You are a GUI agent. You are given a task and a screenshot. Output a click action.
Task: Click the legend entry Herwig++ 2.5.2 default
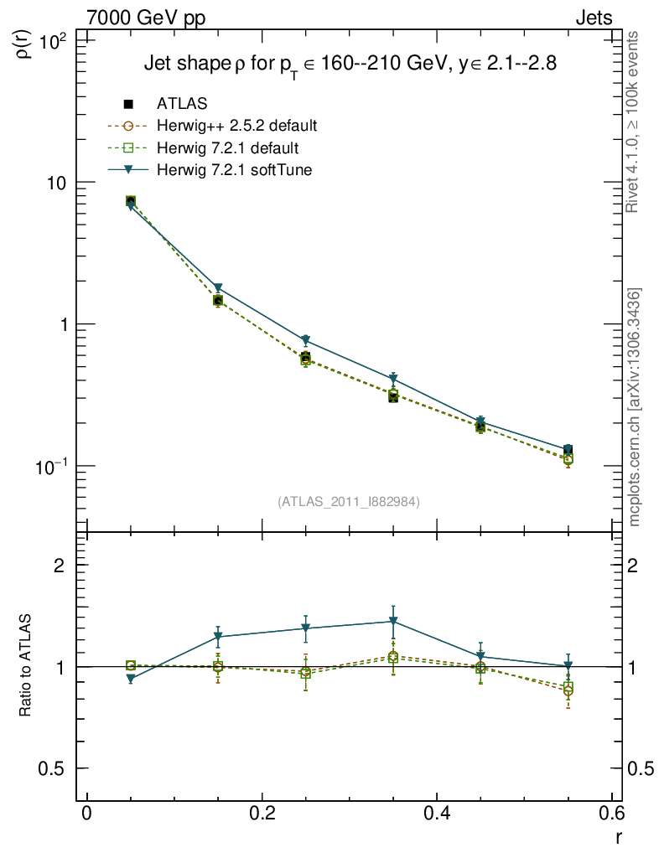click(x=236, y=127)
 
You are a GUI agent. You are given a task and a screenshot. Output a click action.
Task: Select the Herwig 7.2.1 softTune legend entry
click(x=232, y=170)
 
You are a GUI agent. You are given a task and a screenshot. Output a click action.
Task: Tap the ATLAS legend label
click(x=181, y=104)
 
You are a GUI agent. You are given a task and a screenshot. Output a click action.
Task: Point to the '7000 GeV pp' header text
click(x=146, y=18)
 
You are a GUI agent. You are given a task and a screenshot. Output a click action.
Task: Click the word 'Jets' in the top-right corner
click(x=593, y=18)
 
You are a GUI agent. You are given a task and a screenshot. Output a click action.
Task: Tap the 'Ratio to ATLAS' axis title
click(x=26, y=665)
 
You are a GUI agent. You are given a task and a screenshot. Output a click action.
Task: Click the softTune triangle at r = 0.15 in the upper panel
click(x=218, y=288)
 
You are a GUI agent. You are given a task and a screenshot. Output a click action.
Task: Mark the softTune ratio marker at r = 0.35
click(x=392, y=622)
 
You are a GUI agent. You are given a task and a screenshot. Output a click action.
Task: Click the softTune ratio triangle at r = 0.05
click(x=131, y=679)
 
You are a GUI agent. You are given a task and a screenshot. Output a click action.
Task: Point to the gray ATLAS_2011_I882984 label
click(x=349, y=502)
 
